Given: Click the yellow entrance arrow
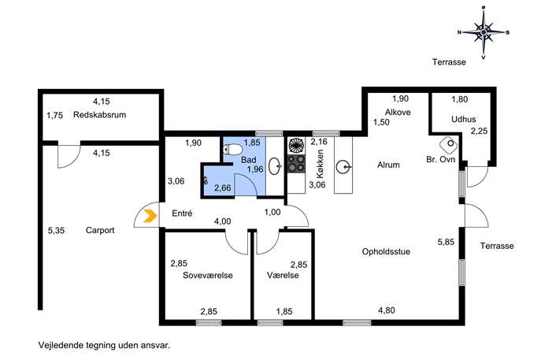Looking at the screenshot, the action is (x=150, y=216).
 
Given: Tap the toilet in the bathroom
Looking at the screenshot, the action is (x=232, y=150).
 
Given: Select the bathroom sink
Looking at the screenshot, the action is (x=275, y=166).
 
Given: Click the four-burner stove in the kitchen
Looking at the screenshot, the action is (x=296, y=163).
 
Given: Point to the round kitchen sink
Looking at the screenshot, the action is (x=343, y=168).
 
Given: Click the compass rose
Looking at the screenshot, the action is (x=484, y=32).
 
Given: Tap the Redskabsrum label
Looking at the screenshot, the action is (x=99, y=115).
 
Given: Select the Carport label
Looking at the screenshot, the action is (x=100, y=230).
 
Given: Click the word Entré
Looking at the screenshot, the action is (x=182, y=213).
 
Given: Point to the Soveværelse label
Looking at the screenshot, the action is (x=208, y=275).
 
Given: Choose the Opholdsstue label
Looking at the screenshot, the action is (x=386, y=251).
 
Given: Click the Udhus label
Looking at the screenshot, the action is (x=464, y=119).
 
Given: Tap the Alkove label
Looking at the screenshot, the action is (x=398, y=112).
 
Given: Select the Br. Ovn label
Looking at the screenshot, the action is (x=441, y=159).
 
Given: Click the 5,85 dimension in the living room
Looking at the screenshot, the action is (x=447, y=242).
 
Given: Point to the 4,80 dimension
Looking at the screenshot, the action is (x=387, y=310).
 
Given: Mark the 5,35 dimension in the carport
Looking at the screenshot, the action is (x=56, y=230).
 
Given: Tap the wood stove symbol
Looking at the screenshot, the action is (x=449, y=145).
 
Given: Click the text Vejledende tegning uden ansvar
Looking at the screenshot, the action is (x=104, y=345).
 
